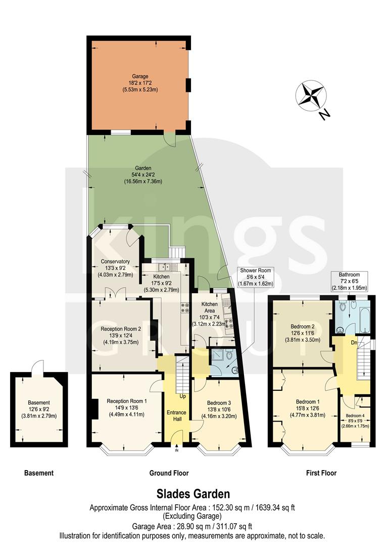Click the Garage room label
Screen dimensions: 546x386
[x=140, y=83]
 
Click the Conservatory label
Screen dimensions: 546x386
[x=116, y=268]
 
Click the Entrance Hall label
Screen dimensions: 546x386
[x=177, y=416]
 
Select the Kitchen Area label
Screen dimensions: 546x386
[x=210, y=310]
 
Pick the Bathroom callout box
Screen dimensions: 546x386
[x=349, y=281]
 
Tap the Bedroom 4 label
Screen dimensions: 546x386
[x=355, y=421]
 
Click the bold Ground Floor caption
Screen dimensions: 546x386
[x=169, y=473]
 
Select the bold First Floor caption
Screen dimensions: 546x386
[x=321, y=473]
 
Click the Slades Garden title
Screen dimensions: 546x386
[x=192, y=493]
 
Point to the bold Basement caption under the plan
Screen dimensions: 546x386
[x=39, y=473]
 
